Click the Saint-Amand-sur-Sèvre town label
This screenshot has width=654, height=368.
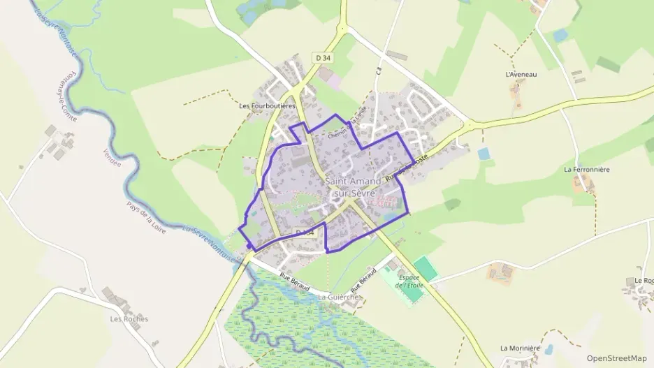[x=350, y=187]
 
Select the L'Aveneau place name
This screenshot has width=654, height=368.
[x=521, y=74]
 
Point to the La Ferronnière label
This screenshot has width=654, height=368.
[x=587, y=170]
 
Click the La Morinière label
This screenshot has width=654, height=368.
[x=521, y=348]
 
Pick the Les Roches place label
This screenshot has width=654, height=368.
[x=129, y=319]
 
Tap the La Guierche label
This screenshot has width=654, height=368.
[x=339, y=297]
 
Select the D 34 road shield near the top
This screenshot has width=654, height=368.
[x=322, y=58]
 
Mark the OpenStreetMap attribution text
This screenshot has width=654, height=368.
[x=617, y=358]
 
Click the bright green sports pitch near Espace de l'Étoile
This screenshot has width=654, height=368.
[x=424, y=268]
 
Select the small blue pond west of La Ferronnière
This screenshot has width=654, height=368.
[x=484, y=153]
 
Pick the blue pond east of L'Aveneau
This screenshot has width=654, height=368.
[x=560, y=35]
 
